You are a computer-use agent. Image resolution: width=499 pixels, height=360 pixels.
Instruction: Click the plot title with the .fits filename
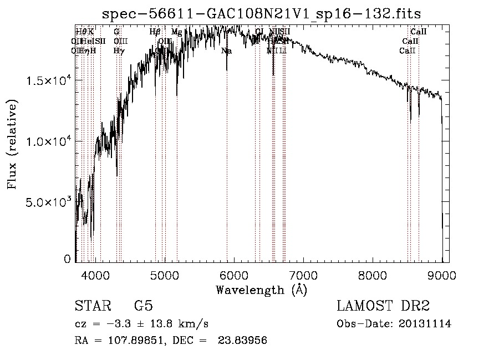pos(266,13)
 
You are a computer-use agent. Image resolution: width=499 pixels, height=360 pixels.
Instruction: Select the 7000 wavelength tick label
pos(303,275)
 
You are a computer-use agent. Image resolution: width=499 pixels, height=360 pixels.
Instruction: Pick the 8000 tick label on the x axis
pos(373,275)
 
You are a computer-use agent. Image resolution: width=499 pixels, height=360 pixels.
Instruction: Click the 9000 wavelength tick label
pos(442,275)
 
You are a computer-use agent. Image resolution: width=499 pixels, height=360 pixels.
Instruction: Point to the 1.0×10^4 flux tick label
pos(49,141)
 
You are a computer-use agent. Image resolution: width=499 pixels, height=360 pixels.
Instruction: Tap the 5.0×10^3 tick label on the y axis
pos(49,202)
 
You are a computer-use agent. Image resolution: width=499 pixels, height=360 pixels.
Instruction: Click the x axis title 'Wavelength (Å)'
pos(261,290)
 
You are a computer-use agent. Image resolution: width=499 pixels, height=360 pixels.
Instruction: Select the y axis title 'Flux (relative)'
pos(12,144)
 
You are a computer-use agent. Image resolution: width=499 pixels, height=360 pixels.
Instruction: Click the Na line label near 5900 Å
pos(226,51)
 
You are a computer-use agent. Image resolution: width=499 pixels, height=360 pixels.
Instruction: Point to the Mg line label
pos(176,32)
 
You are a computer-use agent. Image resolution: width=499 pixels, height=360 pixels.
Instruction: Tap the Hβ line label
pos(155,32)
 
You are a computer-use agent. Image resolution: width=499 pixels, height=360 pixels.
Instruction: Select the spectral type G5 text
pos(143,306)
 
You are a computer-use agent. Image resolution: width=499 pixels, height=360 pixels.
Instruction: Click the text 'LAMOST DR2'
pos(383,306)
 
